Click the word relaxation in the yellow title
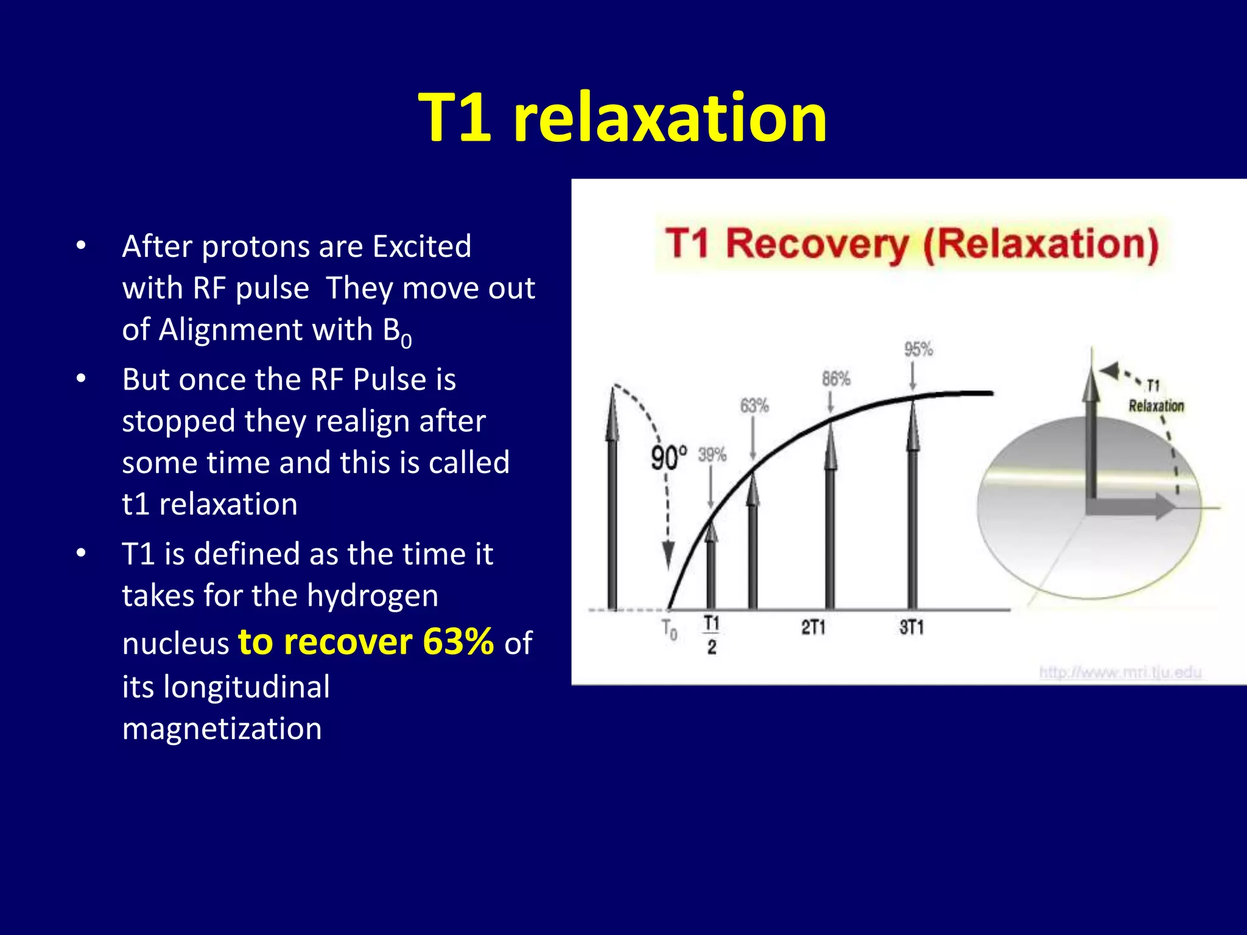[670, 117]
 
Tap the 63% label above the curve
[754, 405]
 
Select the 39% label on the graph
[712, 454]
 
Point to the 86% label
[835, 379]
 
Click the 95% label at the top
[918, 349]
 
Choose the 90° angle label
[669, 458]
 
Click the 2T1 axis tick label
[813, 627]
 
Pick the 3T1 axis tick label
[912, 627]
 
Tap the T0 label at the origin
[670, 629]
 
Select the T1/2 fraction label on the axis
[711, 634]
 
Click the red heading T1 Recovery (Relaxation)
[912, 244]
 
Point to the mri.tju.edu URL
[1120, 672]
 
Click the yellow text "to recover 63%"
[365, 642]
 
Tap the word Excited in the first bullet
[421, 247]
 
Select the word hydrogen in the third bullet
[372, 595]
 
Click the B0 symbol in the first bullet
[396, 332]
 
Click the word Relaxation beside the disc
[1156, 406]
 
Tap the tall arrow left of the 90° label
[612, 499]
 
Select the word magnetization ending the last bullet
[222, 729]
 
